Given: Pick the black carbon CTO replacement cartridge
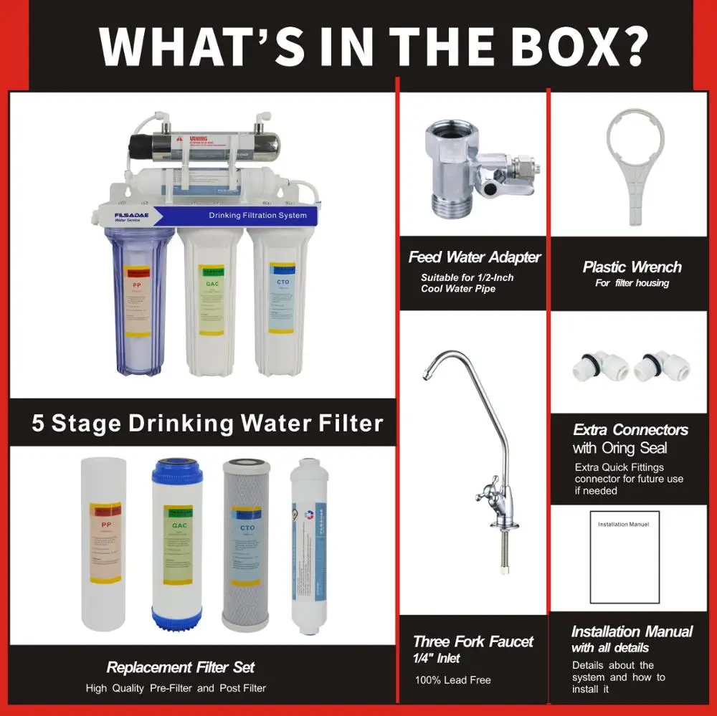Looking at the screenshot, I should click(x=247, y=545).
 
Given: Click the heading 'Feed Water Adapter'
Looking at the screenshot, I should click(x=475, y=257).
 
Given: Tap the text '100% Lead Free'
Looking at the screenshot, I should click(x=453, y=679).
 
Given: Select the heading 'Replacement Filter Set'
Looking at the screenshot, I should click(x=181, y=667).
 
